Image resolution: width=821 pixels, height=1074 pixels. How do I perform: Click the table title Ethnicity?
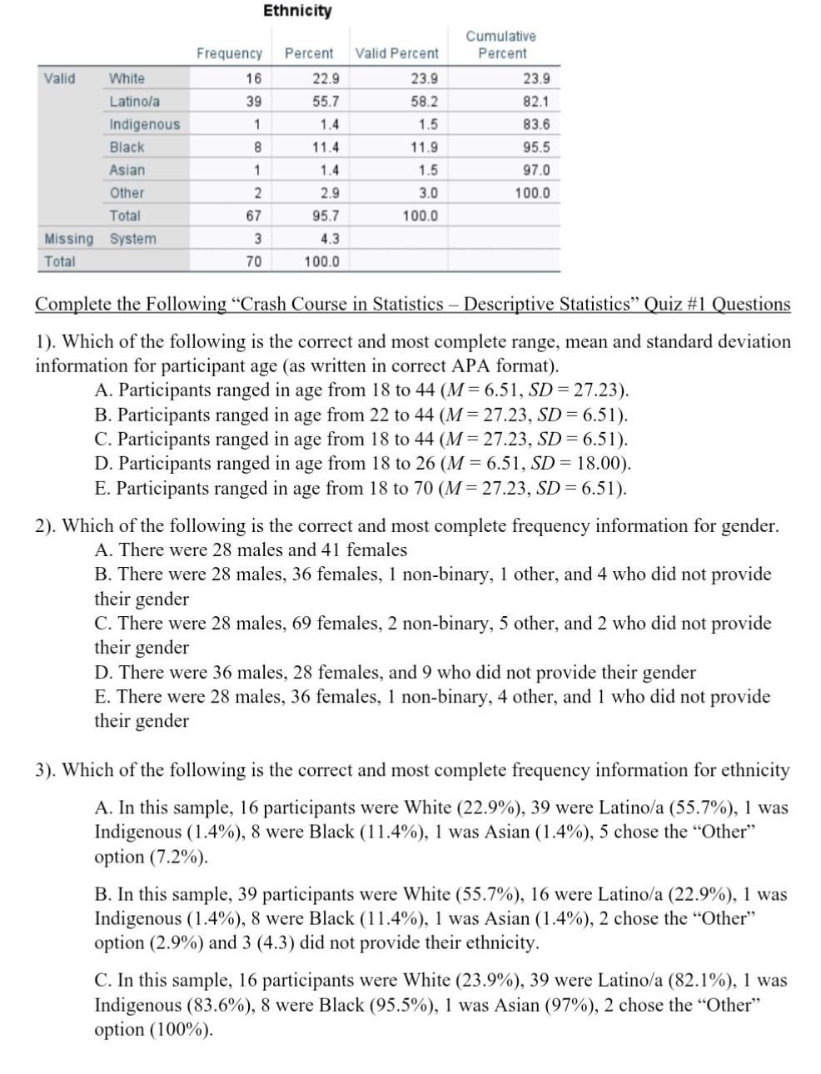pos(297,11)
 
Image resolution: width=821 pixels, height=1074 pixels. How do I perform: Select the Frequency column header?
pos(229,53)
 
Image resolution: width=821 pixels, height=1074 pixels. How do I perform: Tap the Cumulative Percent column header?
pos(501,45)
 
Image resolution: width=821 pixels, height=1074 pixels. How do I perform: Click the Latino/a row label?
pos(135,102)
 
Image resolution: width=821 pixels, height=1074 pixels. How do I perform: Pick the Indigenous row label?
pos(145,125)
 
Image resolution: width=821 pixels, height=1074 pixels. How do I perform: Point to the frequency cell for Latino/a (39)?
pos(253,102)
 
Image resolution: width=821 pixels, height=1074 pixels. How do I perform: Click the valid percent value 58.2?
pos(424,102)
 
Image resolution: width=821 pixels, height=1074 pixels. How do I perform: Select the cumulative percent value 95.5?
pos(535,147)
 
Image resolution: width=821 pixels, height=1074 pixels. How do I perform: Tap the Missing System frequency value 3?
pos(257,239)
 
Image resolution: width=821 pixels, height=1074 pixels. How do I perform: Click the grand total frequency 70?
pos(253,261)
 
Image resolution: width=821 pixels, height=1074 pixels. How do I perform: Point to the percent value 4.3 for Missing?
pos(330,239)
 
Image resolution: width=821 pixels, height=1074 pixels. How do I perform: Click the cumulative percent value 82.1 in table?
pos(535,102)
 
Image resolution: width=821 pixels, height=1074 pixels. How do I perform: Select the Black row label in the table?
pos(127,147)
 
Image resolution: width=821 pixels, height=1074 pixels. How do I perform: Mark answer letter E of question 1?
pos(102,489)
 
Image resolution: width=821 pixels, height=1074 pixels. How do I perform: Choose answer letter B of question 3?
pos(102,895)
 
